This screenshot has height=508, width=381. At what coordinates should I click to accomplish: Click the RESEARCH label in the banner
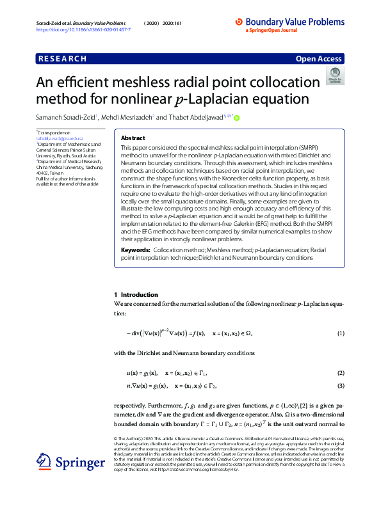pos(63,59)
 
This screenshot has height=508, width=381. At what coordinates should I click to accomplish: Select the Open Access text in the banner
pos(319,59)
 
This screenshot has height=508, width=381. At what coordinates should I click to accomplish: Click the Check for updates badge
pos(334,75)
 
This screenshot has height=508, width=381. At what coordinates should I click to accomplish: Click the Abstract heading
pos(133,138)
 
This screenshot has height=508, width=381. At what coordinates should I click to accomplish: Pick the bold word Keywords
pos(136,248)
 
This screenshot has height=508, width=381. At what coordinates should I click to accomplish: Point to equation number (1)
pos(341,333)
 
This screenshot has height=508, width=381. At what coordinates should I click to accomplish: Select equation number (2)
pos(341,373)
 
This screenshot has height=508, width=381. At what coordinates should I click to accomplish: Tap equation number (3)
pos(341,385)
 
